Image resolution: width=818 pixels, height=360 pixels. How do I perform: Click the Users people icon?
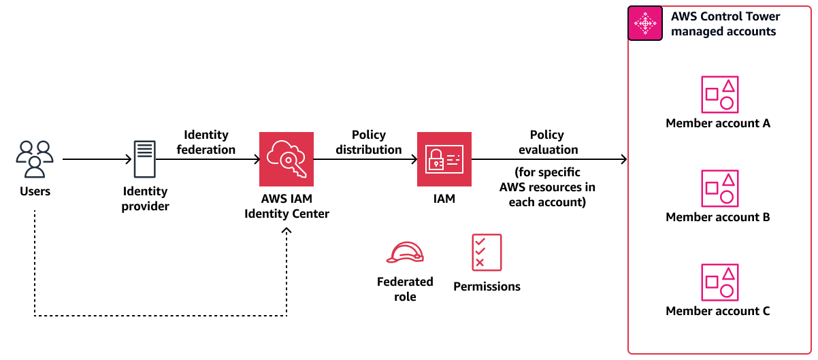pos(35,159)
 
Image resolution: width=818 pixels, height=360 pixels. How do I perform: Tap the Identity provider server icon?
pos(144,160)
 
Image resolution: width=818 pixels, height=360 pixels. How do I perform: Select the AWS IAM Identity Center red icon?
pos(287,159)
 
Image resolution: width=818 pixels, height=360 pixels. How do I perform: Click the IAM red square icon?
pos(444,159)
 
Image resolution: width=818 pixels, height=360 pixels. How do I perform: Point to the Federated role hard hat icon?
pos(405,252)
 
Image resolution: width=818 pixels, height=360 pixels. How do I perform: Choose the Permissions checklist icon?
pos(487,252)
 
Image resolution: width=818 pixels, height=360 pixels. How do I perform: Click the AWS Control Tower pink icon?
pos(645,23)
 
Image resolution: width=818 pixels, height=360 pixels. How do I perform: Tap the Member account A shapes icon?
pos(719,94)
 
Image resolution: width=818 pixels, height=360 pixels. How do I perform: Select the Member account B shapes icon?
pos(719,188)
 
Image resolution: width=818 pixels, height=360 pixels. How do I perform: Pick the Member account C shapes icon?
pos(719,282)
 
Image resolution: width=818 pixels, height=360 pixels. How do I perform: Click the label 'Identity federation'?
pos(206,142)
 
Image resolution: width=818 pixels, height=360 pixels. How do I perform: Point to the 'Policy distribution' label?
pos(369,142)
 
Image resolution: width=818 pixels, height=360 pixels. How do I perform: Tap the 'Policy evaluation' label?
pos(548,142)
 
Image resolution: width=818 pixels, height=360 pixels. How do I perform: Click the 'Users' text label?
pos(35,191)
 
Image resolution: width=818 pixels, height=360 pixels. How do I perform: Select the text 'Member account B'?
pos(718,218)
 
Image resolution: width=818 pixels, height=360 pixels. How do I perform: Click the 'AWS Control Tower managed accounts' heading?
pos(725,24)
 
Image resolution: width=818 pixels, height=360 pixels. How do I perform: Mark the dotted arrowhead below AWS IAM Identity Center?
pos(287,232)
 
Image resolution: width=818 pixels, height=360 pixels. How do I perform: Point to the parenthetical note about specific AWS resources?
pos(548,188)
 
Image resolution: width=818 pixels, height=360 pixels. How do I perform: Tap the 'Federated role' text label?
pos(405,289)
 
